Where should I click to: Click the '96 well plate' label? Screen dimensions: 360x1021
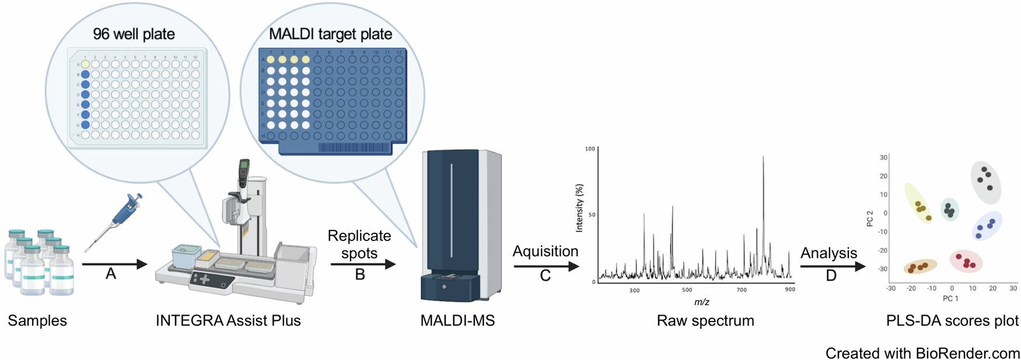(134, 34)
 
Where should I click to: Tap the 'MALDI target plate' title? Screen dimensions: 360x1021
(330, 34)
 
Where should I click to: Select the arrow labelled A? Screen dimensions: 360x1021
(114, 264)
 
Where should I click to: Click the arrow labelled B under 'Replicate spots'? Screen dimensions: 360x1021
(363, 264)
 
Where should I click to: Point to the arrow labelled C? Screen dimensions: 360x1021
(546, 267)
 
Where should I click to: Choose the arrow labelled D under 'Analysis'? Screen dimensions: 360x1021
(833, 267)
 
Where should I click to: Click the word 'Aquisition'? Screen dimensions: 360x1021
(546, 251)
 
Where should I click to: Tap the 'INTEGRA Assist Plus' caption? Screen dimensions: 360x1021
(228, 320)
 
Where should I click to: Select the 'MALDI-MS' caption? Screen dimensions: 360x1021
(457, 320)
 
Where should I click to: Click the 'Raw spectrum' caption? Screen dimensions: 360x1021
(705, 320)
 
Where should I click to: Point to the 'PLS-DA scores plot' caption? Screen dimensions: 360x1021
(952, 320)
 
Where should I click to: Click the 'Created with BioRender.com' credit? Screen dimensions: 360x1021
(922, 353)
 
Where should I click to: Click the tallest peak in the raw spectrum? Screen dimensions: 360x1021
(763, 158)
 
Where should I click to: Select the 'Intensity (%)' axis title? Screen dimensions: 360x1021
(579, 208)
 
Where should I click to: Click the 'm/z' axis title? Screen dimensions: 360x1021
(702, 302)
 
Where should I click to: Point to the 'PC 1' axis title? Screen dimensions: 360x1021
(950, 298)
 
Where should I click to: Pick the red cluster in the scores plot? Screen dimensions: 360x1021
(966, 261)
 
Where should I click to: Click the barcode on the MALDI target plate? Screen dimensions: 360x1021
(353, 148)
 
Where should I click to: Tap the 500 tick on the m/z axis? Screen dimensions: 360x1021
(687, 290)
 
